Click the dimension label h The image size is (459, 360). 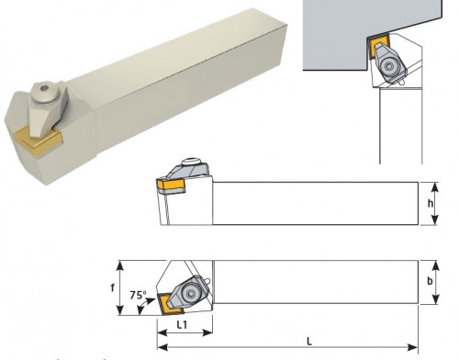431,203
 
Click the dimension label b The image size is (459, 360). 430,281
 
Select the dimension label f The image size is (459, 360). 113,287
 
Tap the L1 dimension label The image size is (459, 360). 183,325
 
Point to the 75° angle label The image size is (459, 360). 138,295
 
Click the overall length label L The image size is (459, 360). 309,341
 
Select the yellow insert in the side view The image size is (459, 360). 170,185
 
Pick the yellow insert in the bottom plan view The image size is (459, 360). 167,304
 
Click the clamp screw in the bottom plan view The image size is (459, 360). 191,293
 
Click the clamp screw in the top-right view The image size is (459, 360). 389,66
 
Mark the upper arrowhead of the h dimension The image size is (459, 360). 434,186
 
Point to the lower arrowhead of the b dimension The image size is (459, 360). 436,298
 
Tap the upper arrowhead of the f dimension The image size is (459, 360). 120,265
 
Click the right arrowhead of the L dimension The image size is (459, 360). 412,348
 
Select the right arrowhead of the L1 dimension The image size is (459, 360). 207,332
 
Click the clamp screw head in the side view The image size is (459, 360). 190,162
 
